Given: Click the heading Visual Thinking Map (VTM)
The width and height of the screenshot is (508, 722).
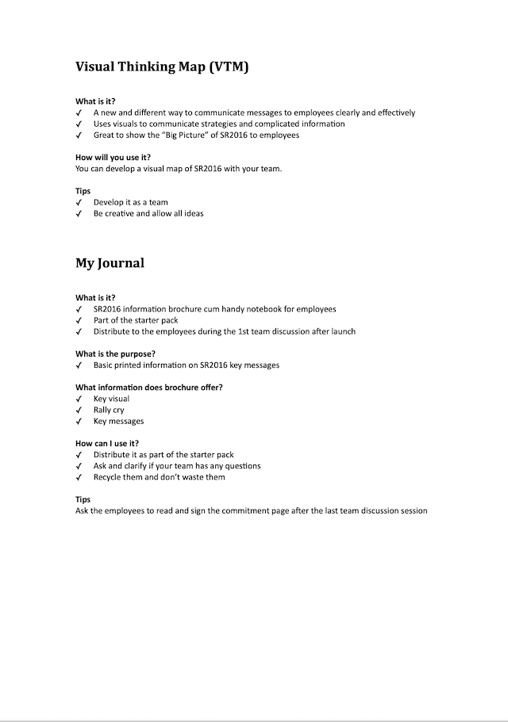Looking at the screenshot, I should pyautogui.click(x=162, y=68).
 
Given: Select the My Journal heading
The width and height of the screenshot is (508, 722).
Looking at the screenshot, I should pyautogui.click(x=110, y=263).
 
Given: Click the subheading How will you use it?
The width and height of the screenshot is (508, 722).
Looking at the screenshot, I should pyautogui.click(x=114, y=158).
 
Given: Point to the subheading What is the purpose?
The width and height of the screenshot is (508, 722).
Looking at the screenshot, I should pyautogui.click(x=115, y=353).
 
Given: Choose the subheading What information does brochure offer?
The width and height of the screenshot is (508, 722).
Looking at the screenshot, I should pyautogui.click(x=149, y=388).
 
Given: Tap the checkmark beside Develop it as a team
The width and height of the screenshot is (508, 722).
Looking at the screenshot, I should pyautogui.click(x=79, y=203).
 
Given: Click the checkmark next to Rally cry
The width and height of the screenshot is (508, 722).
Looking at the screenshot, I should pyautogui.click(x=79, y=411).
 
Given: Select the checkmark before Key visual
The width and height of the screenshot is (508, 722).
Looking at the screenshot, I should pyautogui.click(x=79, y=399).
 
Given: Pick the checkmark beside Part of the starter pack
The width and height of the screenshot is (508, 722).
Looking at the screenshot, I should pyautogui.click(x=79, y=321).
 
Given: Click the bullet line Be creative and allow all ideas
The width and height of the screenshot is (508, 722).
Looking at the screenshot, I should pyautogui.click(x=148, y=214).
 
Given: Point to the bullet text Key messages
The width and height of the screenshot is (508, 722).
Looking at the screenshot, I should pyautogui.click(x=118, y=422).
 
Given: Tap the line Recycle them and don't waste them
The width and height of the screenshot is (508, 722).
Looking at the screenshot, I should pyautogui.click(x=159, y=478).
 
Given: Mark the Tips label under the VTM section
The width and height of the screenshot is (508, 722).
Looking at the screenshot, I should pyautogui.click(x=83, y=191).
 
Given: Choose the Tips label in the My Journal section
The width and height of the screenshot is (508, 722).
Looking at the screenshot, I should pyautogui.click(x=83, y=500).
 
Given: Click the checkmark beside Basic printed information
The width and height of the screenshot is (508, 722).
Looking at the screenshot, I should pyautogui.click(x=79, y=365).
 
